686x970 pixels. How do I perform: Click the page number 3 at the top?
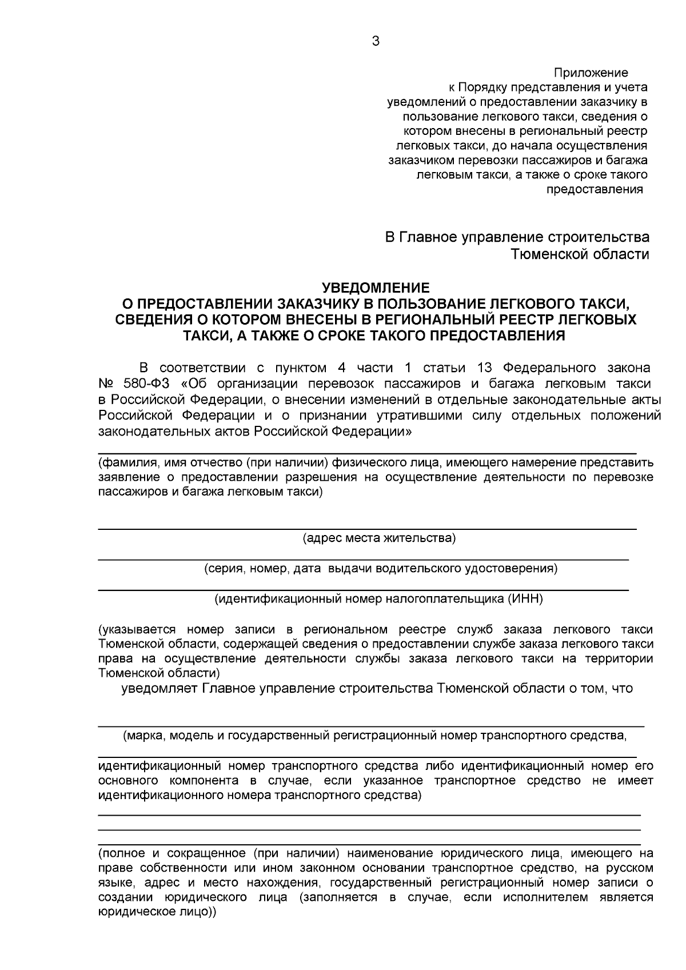pyautogui.click(x=375, y=41)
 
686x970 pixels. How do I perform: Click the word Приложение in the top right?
pyautogui.click(x=591, y=73)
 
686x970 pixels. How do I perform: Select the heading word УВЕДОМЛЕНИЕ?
pyautogui.click(x=376, y=287)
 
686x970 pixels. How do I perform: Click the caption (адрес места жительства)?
pyautogui.click(x=379, y=538)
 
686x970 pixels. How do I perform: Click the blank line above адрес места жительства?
pyautogui.click(x=366, y=529)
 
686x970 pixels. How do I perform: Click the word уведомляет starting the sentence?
pyautogui.click(x=159, y=688)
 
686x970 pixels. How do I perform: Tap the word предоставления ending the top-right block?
pyautogui.click(x=595, y=189)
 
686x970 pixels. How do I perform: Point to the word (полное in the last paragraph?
pyautogui.click(x=120, y=853)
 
